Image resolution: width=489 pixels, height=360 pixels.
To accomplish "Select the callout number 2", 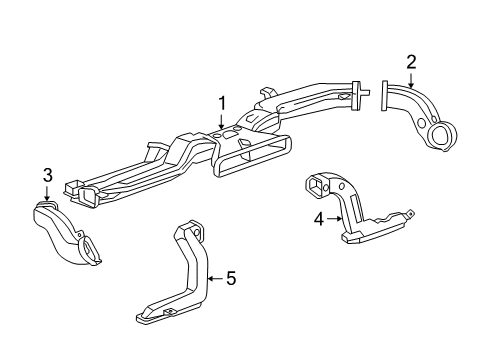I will (411, 63).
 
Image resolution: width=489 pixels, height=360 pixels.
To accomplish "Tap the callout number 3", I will (46, 177).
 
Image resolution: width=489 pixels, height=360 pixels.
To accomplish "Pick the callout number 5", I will (230, 278).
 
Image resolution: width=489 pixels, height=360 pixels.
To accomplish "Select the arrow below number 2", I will (411, 81).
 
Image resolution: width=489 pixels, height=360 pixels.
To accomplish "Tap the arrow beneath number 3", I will (46, 195).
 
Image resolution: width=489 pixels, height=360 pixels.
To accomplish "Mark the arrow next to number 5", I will (213, 278).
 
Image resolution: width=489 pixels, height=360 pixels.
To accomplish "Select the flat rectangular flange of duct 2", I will (383, 98).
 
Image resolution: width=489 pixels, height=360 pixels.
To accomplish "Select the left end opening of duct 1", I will (71, 187).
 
